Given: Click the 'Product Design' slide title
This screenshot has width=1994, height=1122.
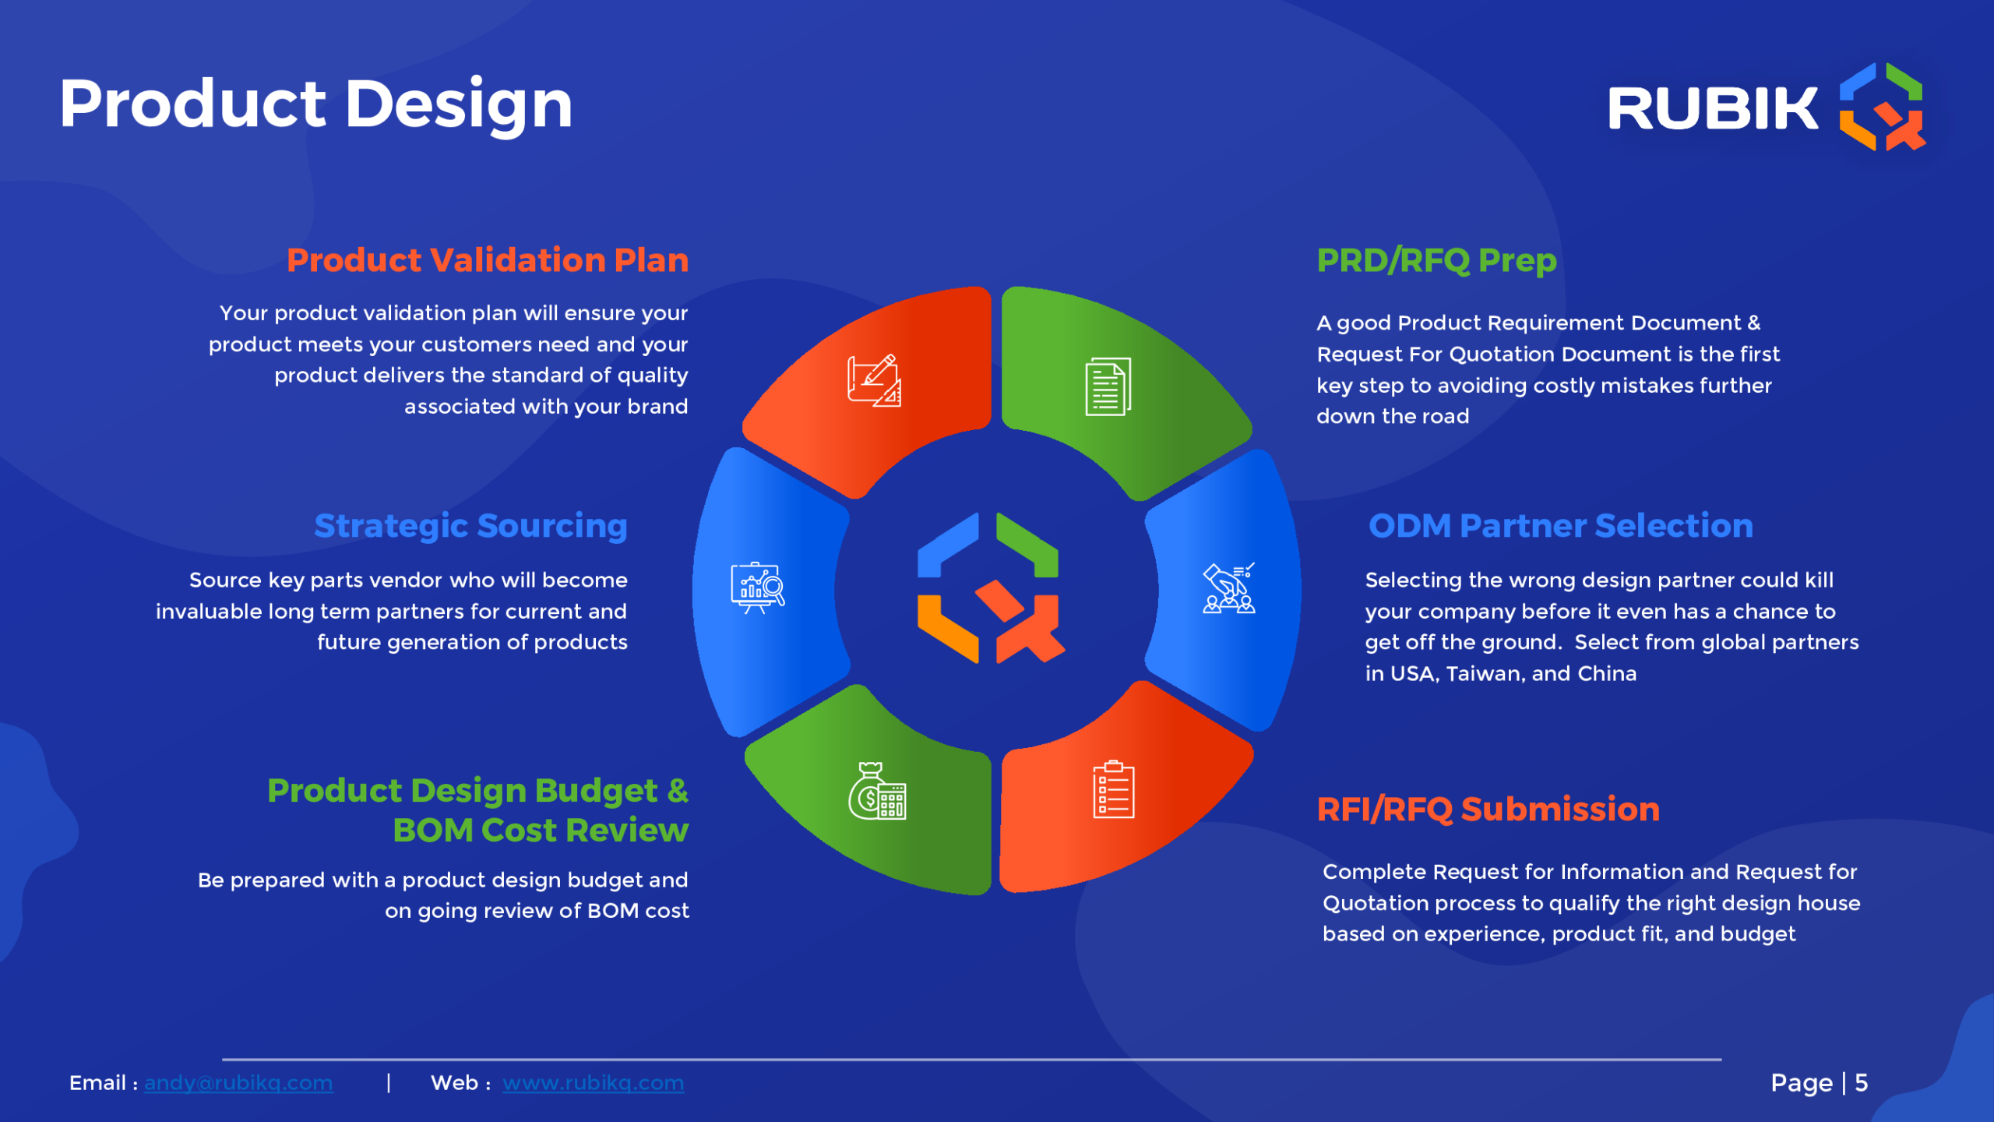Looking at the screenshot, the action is coord(316,105).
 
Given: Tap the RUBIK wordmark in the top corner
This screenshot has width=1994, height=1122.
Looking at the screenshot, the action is coord(1713,108).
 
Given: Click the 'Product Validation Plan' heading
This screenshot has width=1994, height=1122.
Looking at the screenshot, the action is coord(488,260).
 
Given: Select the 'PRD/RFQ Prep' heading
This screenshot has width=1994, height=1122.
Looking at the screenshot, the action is coord(1437,261).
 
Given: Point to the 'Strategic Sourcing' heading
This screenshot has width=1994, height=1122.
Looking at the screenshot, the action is coord(470,527).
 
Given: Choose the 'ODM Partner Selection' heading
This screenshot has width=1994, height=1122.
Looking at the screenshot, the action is coord(1561,526).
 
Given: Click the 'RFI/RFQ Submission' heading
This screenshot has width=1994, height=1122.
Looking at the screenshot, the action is coord(1488,810).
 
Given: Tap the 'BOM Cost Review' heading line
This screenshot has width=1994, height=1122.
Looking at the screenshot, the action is coord(541,831).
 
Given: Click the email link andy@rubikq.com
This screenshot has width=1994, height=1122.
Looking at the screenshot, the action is coord(238,1083).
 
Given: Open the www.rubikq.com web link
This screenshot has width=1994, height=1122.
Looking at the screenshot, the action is coord(594,1083).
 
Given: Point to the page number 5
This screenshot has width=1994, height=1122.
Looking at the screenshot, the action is coord(1862,1083).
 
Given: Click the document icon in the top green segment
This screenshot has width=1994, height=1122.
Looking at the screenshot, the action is coord(1108,387).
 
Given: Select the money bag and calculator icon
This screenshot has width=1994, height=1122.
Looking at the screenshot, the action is coord(877,791).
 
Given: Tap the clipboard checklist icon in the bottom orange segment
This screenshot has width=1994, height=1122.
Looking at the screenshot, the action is coord(1114,789).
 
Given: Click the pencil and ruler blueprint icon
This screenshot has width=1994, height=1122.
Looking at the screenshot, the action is coord(875,381).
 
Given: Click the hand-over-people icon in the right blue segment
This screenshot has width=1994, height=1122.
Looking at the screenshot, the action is coord(1229,588).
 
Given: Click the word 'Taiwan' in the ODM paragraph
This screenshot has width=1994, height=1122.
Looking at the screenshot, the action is coord(1482,674).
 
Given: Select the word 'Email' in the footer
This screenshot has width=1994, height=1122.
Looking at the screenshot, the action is coord(97,1083).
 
